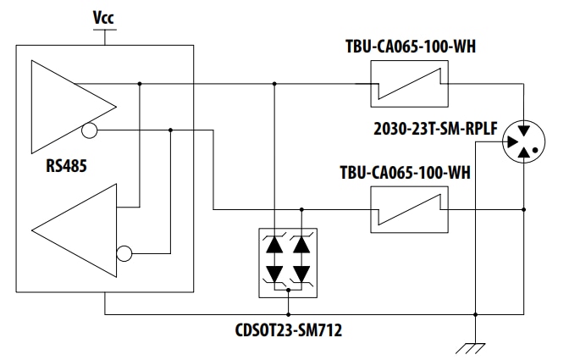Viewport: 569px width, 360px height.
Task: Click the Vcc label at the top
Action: click(x=104, y=17)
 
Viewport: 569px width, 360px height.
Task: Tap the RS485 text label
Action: click(x=68, y=164)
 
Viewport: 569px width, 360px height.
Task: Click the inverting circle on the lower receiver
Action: click(x=124, y=252)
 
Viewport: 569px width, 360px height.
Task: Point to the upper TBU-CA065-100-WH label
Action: click(x=410, y=46)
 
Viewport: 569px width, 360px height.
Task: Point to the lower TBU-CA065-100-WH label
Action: click(x=410, y=173)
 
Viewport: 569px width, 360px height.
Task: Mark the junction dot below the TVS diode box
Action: click(x=289, y=290)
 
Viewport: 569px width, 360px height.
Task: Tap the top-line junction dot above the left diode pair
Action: click(x=275, y=83)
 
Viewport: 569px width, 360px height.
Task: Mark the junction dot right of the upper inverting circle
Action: click(x=171, y=130)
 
